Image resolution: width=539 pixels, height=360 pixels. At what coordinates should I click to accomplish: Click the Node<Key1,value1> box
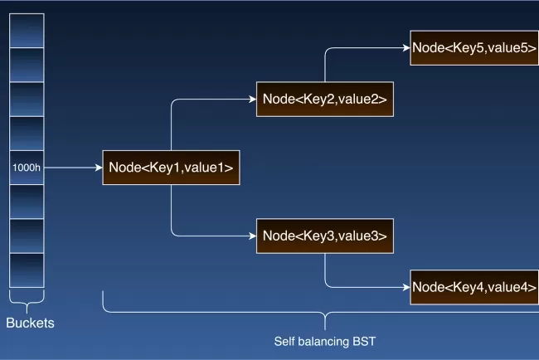(170, 168)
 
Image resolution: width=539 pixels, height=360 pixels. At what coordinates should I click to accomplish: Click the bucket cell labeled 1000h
(27, 168)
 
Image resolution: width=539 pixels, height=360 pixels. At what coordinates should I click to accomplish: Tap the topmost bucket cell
(27, 31)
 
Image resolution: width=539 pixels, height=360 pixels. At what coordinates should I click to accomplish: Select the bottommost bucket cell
(27, 270)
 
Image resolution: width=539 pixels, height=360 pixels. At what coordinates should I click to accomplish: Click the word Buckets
(30, 323)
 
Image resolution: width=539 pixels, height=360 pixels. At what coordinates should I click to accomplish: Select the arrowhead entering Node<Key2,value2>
(252, 100)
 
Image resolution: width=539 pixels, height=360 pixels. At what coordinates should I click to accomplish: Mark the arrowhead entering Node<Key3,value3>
(252, 236)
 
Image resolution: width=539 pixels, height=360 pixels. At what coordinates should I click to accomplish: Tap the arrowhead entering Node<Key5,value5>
(405, 48)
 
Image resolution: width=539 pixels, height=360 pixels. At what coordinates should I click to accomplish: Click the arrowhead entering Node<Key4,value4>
(405, 287)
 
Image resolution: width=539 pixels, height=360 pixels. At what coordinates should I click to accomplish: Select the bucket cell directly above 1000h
(27, 133)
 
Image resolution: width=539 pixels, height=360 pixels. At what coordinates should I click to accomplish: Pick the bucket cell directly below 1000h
(27, 201)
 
